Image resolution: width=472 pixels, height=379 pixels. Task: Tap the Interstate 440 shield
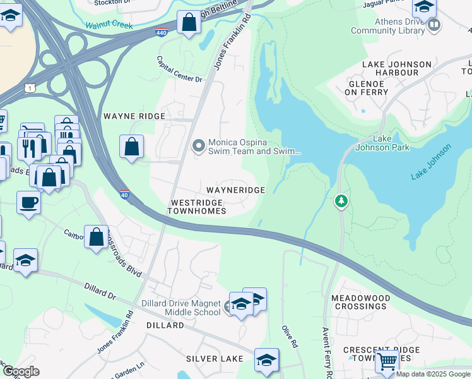162,32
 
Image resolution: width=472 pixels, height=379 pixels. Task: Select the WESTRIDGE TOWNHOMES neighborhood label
198,207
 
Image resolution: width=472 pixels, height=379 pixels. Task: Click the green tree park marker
341,202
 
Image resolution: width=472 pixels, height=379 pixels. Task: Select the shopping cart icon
386,361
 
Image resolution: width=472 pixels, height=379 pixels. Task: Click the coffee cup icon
28,203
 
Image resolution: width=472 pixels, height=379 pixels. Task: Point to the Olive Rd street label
289,337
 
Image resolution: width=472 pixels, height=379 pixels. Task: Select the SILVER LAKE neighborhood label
215,359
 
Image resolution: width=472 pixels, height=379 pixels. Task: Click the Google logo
21,372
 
